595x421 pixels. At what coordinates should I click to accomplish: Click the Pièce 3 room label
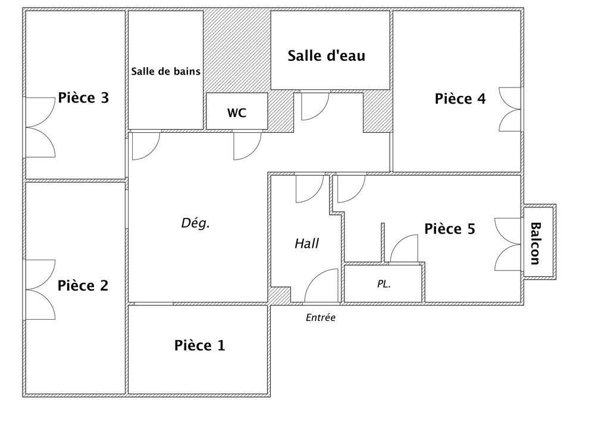click(x=83, y=98)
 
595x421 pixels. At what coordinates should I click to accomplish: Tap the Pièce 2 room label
click(x=83, y=285)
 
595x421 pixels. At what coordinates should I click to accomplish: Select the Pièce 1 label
click(x=199, y=345)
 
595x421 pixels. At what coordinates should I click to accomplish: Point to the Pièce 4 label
click(x=461, y=99)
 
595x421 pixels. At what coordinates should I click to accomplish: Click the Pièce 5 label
click(x=450, y=229)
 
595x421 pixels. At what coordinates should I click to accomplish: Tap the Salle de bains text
click(x=166, y=71)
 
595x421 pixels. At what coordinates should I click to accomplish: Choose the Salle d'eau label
click(x=326, y=55)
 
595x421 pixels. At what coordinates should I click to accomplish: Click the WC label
click(x=237, y=113)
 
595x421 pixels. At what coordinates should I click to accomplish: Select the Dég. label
click(x=195, y=223)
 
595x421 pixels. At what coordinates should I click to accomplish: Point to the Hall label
click(x=306, y=244)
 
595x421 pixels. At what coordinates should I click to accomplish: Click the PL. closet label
click(x=384, y=283)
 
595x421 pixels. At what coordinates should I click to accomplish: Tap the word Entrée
click(x=321, y=317)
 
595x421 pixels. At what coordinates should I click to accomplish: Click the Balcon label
click(x=535, y=244)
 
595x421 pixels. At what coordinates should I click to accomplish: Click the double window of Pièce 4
click(x=511, y=110)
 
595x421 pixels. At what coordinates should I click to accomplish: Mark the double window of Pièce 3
click(x=40, y=127)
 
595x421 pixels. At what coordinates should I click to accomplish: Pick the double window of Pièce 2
click(x=40, y=289)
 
